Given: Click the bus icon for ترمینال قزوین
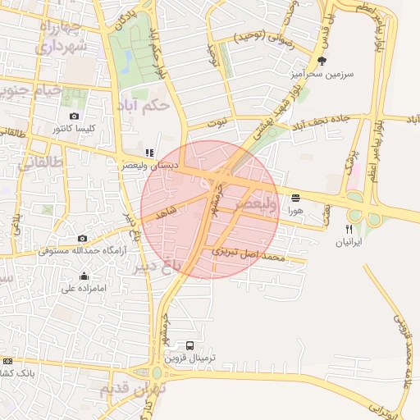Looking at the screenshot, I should (190, 345).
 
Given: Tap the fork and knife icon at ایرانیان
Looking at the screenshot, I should (349, 229).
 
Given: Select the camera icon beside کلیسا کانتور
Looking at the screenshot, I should (75, 116).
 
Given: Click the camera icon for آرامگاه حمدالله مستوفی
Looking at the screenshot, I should (81, 238).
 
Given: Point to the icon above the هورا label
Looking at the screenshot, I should (295, 198).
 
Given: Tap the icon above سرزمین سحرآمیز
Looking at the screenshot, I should (322, 60).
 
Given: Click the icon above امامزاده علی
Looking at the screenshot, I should (68, 276).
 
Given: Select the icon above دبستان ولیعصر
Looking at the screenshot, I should (148, 153).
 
